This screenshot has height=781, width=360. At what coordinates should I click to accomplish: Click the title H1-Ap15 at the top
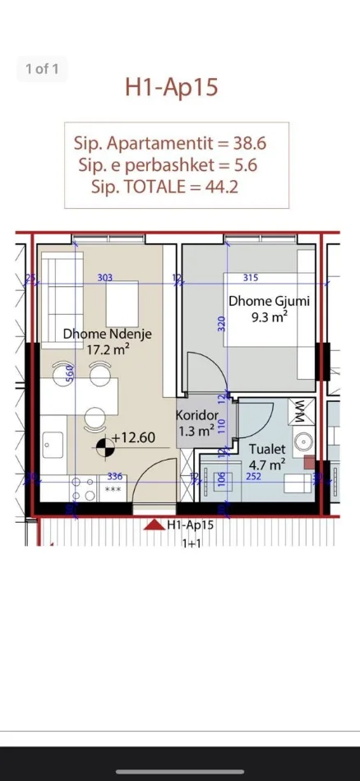point(172,87)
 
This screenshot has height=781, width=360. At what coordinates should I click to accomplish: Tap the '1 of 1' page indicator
point(42,69)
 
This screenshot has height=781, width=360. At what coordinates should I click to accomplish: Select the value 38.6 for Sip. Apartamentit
point(250,142)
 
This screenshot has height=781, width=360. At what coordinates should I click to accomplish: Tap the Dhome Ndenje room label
point(107,334)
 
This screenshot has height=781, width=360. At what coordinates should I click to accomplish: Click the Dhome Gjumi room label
point(269,301)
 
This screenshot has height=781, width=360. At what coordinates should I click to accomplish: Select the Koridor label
point(197,415)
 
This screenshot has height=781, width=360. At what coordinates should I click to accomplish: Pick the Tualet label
point(268,449)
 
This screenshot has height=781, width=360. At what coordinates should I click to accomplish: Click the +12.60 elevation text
point(134,437)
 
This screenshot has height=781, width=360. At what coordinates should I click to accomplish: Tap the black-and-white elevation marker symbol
point(104,447)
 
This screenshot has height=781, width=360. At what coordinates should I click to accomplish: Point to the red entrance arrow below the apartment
point(153,525)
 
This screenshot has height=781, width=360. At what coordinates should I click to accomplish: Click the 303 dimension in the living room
point(105,278)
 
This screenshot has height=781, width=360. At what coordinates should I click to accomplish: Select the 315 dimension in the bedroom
point(251,278)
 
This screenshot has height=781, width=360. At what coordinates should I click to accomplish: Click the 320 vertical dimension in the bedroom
point(221,324)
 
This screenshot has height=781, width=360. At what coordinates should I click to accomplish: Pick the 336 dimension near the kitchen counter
point(115,476)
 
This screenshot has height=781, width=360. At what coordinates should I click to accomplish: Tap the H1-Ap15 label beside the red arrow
point(190,524)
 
